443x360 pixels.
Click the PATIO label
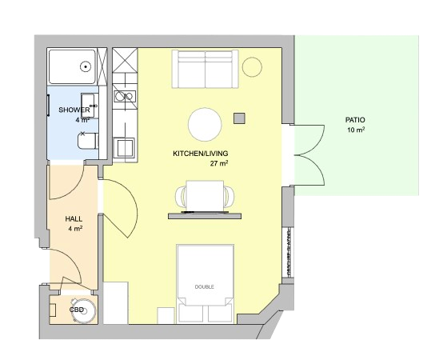(355, 120)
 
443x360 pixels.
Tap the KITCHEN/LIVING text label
(201, 154)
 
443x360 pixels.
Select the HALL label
(74, 218)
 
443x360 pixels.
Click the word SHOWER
(74, 110)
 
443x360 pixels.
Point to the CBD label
(77, 310)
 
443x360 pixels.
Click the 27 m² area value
(219, 163)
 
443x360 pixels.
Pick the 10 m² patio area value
(356, 130)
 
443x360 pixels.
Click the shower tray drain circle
(86, 67)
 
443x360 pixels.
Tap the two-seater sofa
(206, 70)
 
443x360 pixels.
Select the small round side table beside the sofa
(252, 67)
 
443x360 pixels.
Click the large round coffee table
(205, 124)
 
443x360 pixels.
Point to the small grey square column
(239, 118)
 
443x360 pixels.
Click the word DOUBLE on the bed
(204, 287)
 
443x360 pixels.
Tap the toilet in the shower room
(88, 141)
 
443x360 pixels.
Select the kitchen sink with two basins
(125, 97)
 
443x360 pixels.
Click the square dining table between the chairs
(206, 196)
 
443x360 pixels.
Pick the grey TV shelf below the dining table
(205, 216)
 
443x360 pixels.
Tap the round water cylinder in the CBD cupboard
(84, 311)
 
